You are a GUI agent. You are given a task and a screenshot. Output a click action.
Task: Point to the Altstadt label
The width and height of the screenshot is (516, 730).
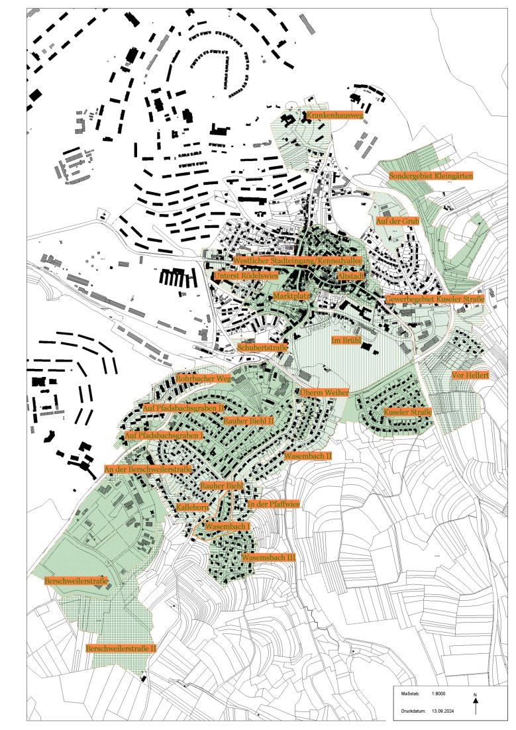pyautogui.click(x=350, y=274)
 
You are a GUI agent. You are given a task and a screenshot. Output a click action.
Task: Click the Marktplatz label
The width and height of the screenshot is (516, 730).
pyautogui.click(x=291, y=296)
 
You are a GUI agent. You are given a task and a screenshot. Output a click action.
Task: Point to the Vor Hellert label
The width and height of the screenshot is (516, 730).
pyautogui.click(x=470, y=375)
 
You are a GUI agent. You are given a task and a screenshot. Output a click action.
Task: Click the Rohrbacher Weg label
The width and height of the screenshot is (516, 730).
pyautogui.click(x=203, y=379)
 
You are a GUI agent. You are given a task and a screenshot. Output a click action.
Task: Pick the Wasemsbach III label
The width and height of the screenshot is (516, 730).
pyautogui.click(x=268, y=558)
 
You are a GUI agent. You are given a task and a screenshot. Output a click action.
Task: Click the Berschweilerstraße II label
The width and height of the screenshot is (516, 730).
pyautogui.click(x=121, y=649)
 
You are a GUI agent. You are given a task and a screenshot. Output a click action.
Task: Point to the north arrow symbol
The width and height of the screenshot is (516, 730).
pyautogui.click(x=476, y=704)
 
